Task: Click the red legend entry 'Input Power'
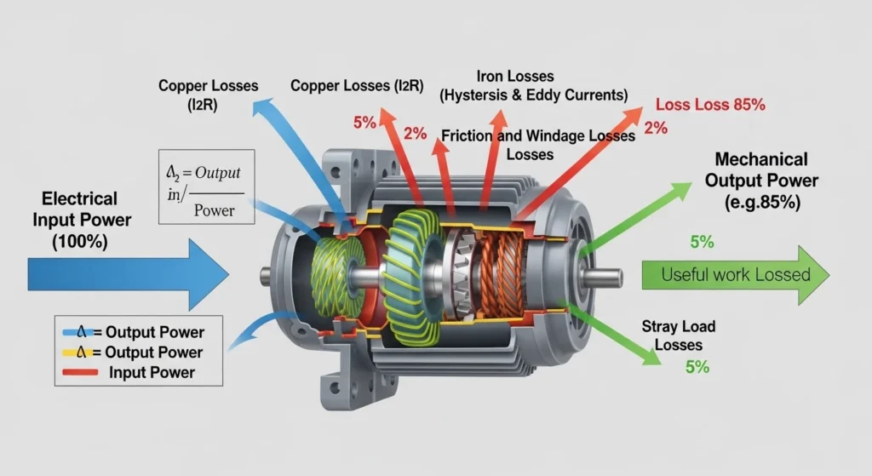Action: coord(152,372)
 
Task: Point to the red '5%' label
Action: coord(364,122)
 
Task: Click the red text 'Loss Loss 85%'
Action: coord(710,106)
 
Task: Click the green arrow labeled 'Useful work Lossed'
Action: coord(732,274)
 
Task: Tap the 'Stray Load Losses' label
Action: coord(680,335)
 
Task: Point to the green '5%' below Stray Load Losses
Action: coord(697,367)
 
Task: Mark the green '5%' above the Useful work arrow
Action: coord(702,241)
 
